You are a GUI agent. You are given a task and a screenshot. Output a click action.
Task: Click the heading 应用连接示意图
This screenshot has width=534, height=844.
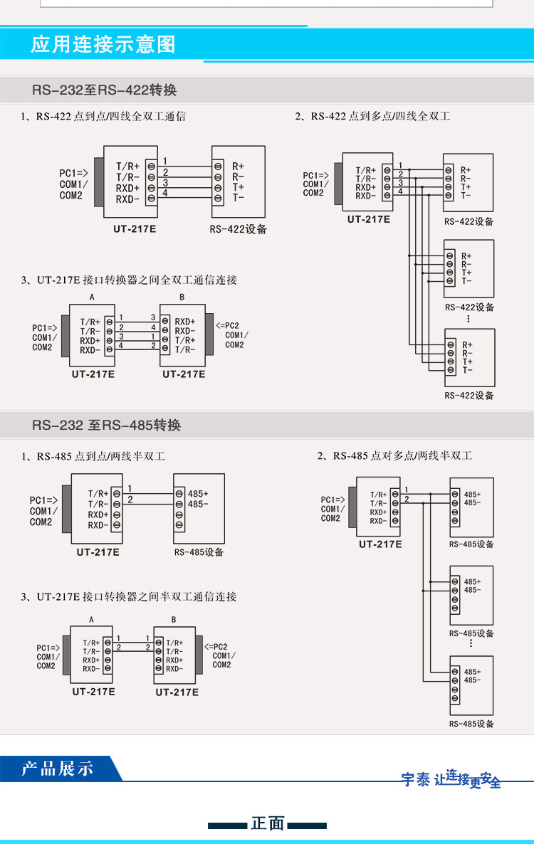pyautogui.click(x=103, y=46)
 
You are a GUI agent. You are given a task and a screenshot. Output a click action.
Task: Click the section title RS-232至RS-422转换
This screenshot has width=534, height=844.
pyautogui.click(x=104, y=90)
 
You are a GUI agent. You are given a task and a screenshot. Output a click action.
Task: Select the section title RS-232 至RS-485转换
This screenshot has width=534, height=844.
pyautogui.click(x=106, y=426)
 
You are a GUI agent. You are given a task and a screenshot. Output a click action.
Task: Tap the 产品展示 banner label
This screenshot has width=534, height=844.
pyautogui.click(x=57, y=769)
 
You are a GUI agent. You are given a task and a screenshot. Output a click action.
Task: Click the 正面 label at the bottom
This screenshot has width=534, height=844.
pyautogui.click(x=268, y=824)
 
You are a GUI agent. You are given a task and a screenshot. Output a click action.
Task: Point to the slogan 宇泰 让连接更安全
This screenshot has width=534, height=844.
pyautogui.click(x=451, y=779)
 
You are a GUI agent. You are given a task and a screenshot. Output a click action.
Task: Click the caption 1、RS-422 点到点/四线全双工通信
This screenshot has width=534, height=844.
pyautogui.click(x=103, y=116)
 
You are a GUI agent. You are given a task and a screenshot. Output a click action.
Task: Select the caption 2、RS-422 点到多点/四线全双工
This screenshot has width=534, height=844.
pyautogui.click(x=372, y=116)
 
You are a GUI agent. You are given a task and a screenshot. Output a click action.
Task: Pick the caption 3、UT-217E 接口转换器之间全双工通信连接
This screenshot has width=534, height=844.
pyautogui.click(x=128, y=280)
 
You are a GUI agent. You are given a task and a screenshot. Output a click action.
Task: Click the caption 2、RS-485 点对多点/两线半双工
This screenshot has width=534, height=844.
pyautogui.click(x=394, y=455)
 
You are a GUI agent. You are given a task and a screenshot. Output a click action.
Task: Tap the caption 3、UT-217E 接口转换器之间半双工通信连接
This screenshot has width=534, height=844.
pyautogui.click(x=128, y=596)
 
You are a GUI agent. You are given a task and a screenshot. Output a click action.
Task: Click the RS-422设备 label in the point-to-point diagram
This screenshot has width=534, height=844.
pyautogui.click(x=238, y=229)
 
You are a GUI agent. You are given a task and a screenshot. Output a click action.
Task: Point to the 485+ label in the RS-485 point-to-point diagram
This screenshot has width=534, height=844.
pyautogui.click(x=199, y=493)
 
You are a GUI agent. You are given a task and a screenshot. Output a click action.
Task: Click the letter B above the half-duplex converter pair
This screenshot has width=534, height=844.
pyautogui.click(x=174, y=620)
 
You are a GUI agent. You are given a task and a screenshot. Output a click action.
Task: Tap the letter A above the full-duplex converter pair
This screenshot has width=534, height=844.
pyautogui.click(x=92, y=297)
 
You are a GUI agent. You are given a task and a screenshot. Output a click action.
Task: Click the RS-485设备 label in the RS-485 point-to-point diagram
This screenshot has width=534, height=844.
pyautogui.click(x=199, y=552)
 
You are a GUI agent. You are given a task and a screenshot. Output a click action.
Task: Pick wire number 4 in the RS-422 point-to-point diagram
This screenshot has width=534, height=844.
pyautogui.click(x=165, y=193)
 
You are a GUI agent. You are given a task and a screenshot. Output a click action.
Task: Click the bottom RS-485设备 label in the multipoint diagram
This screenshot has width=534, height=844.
pyautogui.click(x=471, y=724)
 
